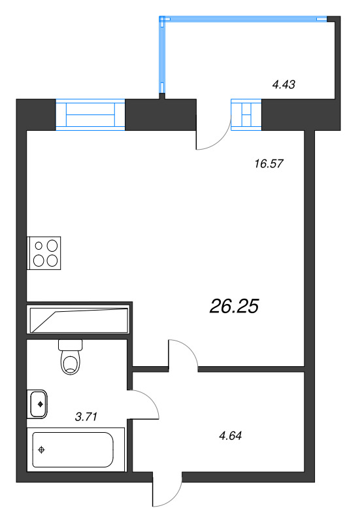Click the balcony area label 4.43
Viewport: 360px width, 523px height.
(x=284, y=85)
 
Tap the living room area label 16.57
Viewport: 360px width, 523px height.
(x=269, y=164)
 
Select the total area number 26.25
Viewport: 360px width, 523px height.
(x=234, y=306)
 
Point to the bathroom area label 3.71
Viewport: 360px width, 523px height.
(x=86, y=416)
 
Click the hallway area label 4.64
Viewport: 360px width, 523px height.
(x=231, y=435)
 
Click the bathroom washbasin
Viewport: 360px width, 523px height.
(x=38, y=404)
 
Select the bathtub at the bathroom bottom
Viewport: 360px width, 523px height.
(x=73, y=450)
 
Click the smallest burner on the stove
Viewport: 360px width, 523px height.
(x=39, y=246)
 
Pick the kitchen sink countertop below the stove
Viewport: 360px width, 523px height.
(x=79, y=320)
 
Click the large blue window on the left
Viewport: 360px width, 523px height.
(x=90, y=114)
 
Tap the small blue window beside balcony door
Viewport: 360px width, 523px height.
(x=246, y=114)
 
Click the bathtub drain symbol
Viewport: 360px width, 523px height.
(x=42, y=450)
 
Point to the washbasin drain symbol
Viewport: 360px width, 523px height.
(x=41, y=404)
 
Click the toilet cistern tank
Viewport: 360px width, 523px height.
(x=71, y=345)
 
